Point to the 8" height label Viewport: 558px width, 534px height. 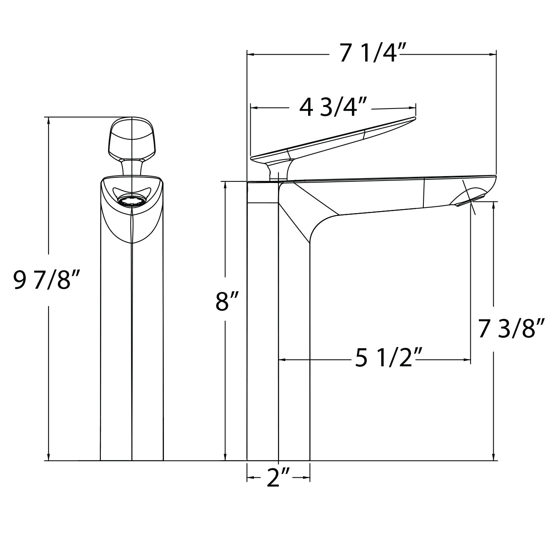[227, 301]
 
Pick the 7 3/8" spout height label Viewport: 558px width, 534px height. [511, 328]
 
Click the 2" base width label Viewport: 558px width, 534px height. [278, 479]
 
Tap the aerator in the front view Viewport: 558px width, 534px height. [131, 200]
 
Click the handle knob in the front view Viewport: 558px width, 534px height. [131, 138]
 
